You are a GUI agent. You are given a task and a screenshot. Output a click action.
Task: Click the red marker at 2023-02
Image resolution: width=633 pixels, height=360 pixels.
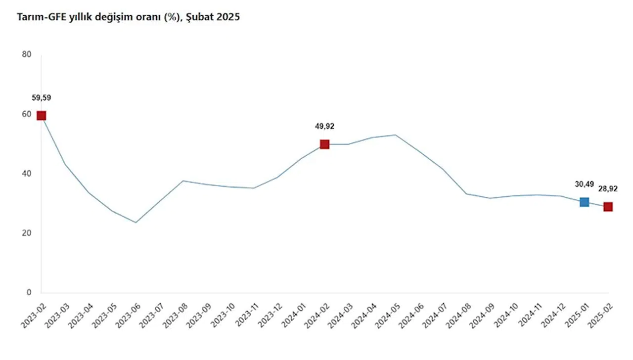[x=42, y=115]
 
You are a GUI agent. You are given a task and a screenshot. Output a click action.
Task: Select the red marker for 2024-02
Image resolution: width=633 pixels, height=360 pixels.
[x=324, y=144]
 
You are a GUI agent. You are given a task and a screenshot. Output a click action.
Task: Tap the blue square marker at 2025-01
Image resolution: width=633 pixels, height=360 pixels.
[x=584, y=202]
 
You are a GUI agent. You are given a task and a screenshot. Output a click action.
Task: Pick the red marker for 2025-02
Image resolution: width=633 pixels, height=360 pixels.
[x=608, y=207]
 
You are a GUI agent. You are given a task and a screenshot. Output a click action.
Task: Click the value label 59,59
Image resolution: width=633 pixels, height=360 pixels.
[x=42, y=98]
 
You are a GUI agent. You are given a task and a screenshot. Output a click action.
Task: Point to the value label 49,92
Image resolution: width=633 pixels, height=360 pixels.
[x=324, y=126]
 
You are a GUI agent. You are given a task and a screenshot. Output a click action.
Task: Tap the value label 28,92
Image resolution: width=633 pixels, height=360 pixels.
[x=608, y=189]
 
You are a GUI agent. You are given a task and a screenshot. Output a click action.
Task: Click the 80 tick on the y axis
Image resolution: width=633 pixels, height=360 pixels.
[x=27, y=54]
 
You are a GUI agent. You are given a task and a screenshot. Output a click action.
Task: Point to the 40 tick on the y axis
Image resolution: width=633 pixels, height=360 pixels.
[x=27, y=174]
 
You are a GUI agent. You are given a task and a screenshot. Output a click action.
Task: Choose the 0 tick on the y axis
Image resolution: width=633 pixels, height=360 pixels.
[x=29, y=293]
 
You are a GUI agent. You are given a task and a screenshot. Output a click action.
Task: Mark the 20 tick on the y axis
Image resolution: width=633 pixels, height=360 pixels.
[x=27, y=233]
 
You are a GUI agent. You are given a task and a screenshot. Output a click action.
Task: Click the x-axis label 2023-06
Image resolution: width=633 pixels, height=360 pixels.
[x=127, y=315]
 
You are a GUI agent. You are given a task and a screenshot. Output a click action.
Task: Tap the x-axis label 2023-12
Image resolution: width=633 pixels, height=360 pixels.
[x=268, y=315]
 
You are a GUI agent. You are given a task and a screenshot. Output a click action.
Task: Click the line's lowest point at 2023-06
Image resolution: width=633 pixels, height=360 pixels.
[x=136, y=223]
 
